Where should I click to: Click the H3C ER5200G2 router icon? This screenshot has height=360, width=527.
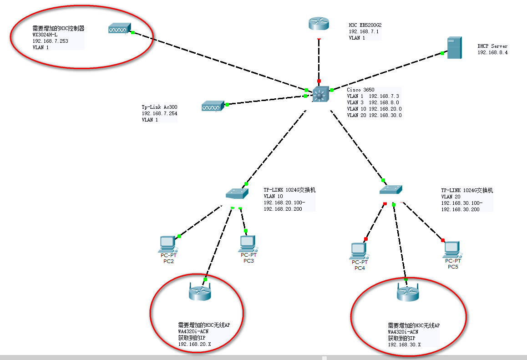coord(319,24)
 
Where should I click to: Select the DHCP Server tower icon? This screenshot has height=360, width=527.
coord(454,48)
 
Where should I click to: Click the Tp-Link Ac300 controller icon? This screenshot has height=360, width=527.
coord(211,106)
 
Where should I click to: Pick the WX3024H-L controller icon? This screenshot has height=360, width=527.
coord(119,29)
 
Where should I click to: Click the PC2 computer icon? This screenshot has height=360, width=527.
coord(167,244)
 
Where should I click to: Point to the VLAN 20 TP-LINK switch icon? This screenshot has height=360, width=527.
coord(391,189)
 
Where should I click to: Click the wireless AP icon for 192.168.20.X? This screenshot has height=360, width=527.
coord(200,292)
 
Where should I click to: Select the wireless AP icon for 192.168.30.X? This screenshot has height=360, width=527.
coord(406,293)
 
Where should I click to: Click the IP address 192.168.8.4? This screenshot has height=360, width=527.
coord(492,53)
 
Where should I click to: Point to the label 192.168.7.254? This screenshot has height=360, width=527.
coord(159,113)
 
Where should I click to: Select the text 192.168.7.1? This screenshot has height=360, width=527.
coord(364,31)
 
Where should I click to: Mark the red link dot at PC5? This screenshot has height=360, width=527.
coord(442,240)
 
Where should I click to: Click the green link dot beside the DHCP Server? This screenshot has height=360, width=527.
coord(442,54)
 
